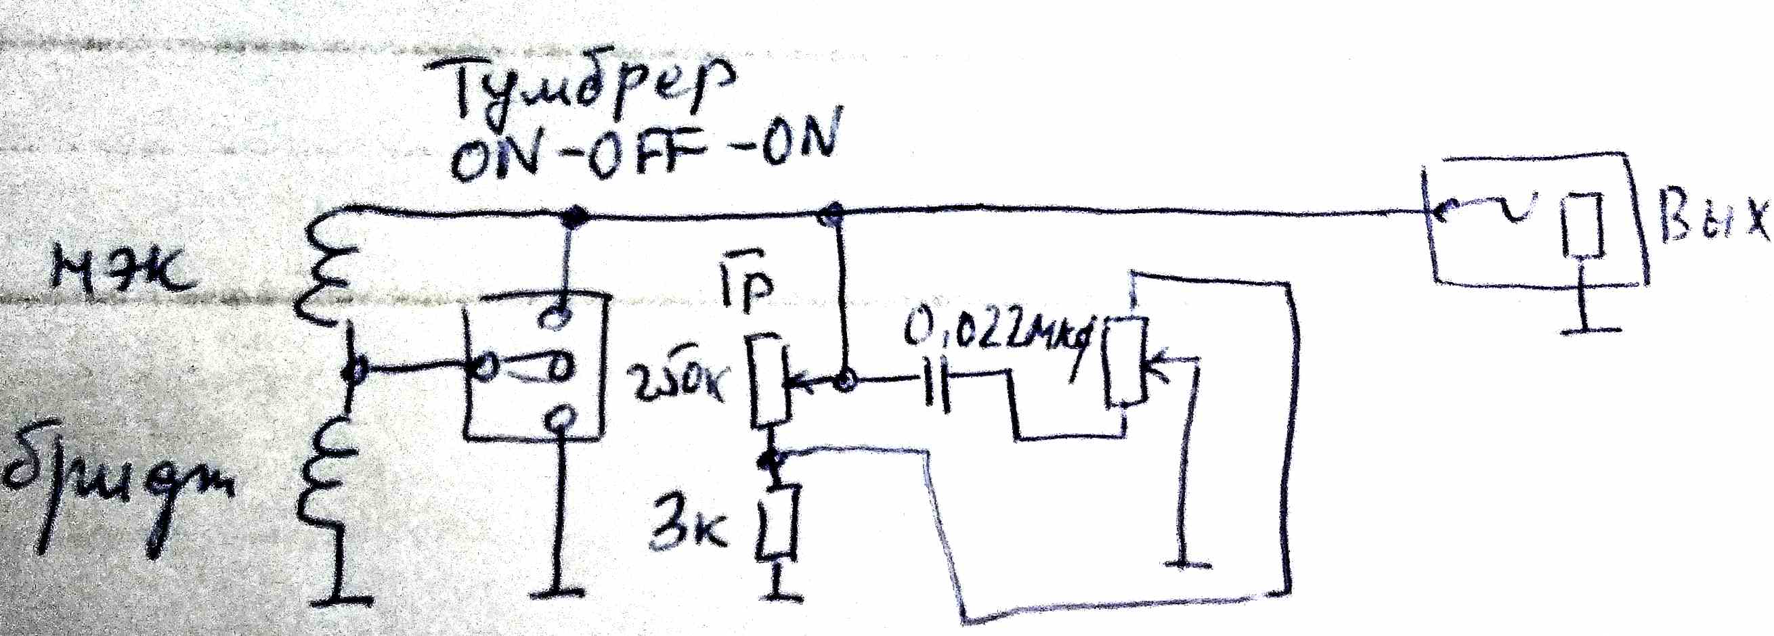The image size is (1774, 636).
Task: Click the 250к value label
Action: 678,386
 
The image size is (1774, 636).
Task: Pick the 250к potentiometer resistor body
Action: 768,389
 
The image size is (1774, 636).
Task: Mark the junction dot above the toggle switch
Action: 571,217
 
